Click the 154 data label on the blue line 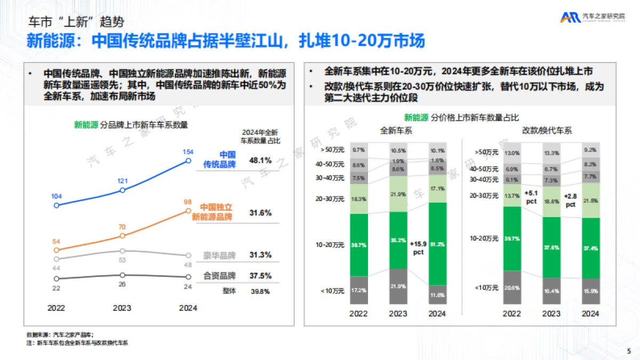[188, 152]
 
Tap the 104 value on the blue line [57, 196]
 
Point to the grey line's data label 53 [122, 260]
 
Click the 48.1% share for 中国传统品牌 [260, 160]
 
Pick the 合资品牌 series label [220, 276]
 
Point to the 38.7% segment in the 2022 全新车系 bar [359, 244]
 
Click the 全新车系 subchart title [396, 130]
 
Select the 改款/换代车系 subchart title [547, 130]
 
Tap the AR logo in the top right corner [570, 18]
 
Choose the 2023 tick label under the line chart [122, 308]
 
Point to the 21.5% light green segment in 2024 [590, 201]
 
